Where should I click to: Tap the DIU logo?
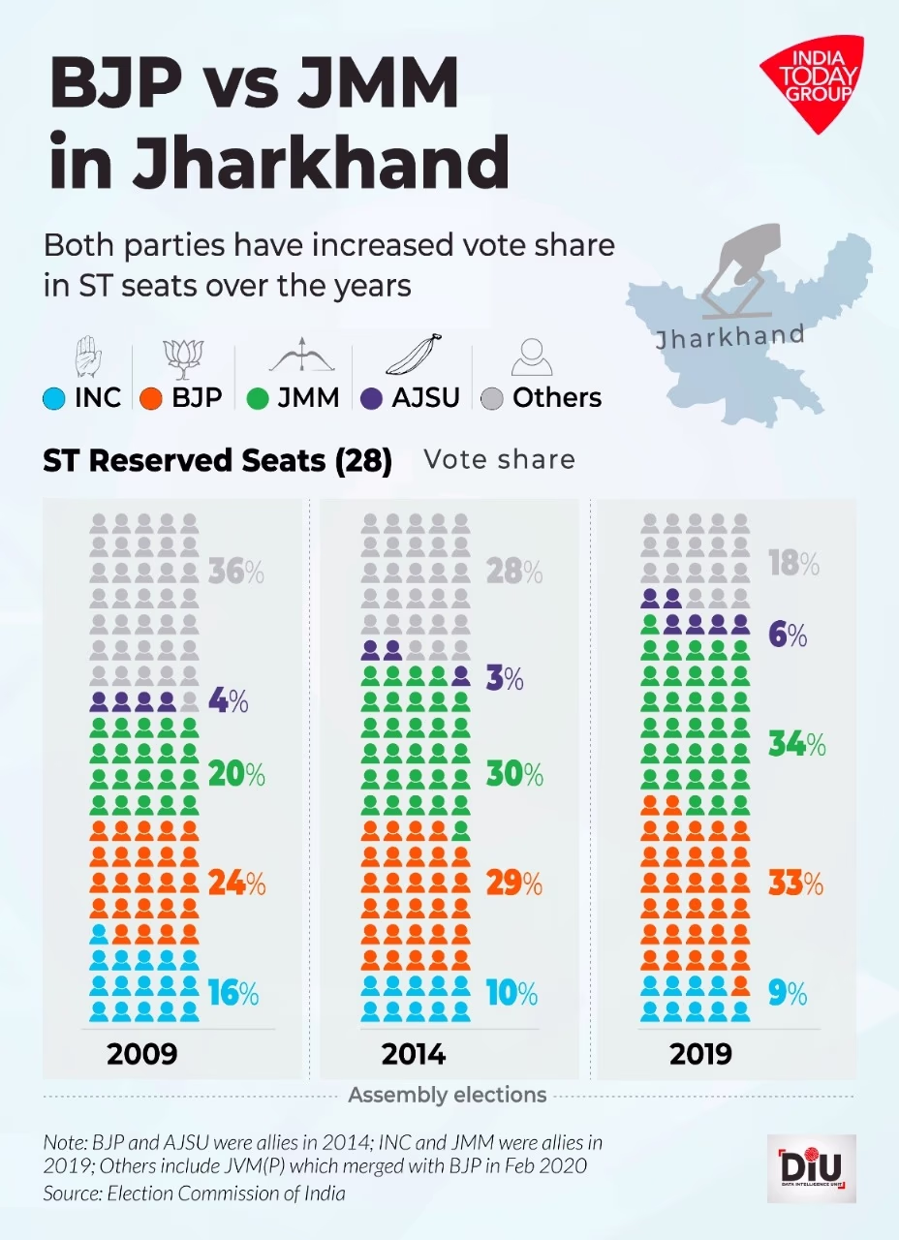811,1168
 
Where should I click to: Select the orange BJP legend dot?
150,397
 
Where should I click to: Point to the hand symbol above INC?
87,356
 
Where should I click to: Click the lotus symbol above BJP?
182,356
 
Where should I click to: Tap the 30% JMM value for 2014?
514,775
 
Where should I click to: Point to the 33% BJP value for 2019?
795,883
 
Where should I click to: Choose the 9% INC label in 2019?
787,993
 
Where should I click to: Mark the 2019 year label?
701,1053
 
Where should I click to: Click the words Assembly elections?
448,1096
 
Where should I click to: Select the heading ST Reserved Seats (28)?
217,461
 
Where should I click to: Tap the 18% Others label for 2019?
793,563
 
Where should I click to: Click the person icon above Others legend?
531,357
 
